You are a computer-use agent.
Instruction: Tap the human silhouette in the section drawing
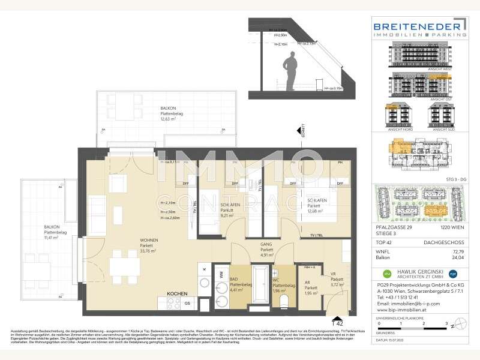point(293,71)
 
